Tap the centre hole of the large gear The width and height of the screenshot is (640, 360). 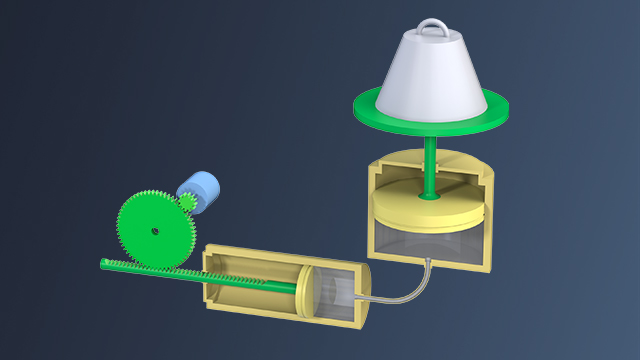[156, 231]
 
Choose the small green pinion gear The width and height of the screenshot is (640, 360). [187, 202]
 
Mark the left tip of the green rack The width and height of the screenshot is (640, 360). [104, 263]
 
